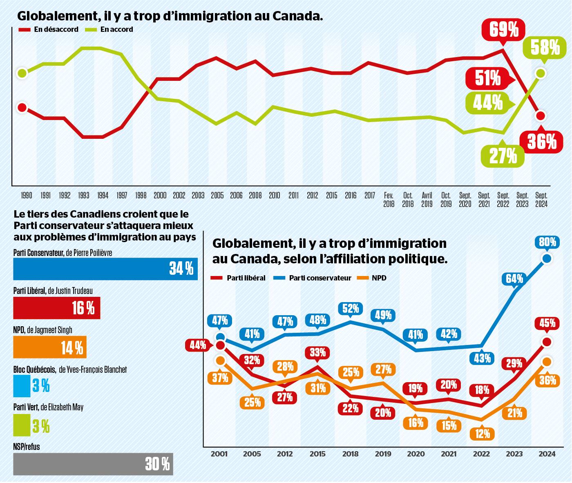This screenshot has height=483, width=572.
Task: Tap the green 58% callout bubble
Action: tap(545, 48)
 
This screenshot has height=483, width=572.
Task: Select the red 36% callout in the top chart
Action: tap(542, 142)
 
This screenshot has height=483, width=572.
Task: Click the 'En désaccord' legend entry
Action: tap(49, 29)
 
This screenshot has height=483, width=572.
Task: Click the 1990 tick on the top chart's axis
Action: tap(26, 196)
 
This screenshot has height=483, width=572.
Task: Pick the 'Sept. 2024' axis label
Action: tap(541, 199)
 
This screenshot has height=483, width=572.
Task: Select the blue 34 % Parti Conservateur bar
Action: tap(105, 269)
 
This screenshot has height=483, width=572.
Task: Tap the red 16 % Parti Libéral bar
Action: tap(57, 308)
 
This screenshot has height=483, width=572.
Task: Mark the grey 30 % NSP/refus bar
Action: tap(93, 464)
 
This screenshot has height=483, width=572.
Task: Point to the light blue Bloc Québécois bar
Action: tap(22, 386)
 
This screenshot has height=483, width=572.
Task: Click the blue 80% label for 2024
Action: tap(547, 243)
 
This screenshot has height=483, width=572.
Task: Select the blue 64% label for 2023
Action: tap(514, 279)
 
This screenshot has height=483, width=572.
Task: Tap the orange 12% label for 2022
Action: tap(482, 433)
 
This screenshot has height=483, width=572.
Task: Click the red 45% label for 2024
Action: tap(547, 323)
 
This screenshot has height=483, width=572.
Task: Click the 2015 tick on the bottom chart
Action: tap(317, 454)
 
